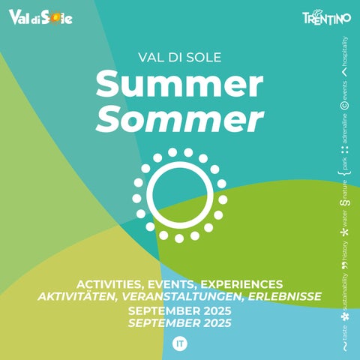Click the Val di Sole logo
[x=40, y=17]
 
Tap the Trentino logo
[x=327, y=17]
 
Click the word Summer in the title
[x=179, y=84]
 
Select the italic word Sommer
[x=180, y=118]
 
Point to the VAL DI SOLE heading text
[x=180, y=58]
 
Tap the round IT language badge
[x=180, y=343]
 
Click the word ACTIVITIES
[x=109, y=285]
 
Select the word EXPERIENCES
[x=241, y=284]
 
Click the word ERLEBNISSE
[x=285, y=296]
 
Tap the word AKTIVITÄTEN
[x=78, y=297]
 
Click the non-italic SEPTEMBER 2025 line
[x=180, y=311]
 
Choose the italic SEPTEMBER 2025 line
[x=180, y=323]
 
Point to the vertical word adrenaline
[x=345, y=129]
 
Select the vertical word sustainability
[x=345, y=292]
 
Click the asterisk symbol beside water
[x=345, y=232]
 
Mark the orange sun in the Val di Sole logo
[x=55, y=18]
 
